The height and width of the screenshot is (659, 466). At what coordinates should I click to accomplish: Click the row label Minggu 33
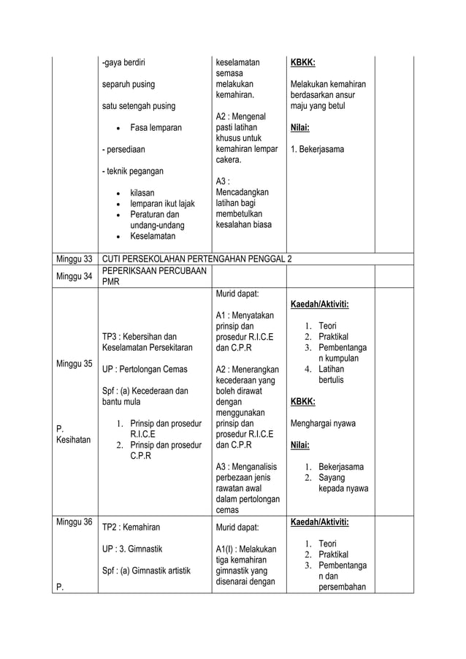75,259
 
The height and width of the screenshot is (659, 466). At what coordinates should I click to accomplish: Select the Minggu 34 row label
75,276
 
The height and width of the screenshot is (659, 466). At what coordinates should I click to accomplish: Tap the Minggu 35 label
75,363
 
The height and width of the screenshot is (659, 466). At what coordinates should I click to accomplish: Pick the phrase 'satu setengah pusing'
138,106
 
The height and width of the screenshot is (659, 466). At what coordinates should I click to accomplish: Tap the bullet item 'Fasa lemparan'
156,128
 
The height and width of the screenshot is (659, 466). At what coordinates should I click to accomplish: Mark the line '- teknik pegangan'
132,172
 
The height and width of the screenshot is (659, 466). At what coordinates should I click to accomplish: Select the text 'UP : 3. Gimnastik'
132,547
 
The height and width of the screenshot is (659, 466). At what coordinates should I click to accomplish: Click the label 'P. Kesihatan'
71,435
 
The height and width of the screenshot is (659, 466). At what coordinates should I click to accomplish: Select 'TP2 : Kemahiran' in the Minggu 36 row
131,526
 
